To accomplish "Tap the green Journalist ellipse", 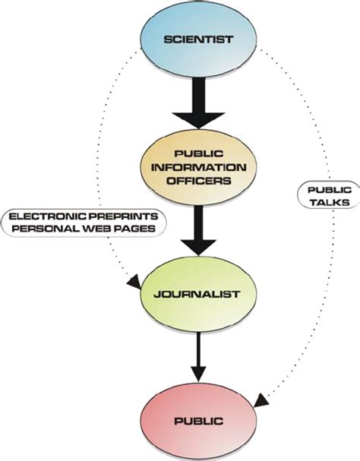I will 198,293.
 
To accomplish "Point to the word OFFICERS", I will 198,181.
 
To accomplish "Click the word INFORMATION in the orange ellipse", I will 198,166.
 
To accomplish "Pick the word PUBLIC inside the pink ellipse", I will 198,418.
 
